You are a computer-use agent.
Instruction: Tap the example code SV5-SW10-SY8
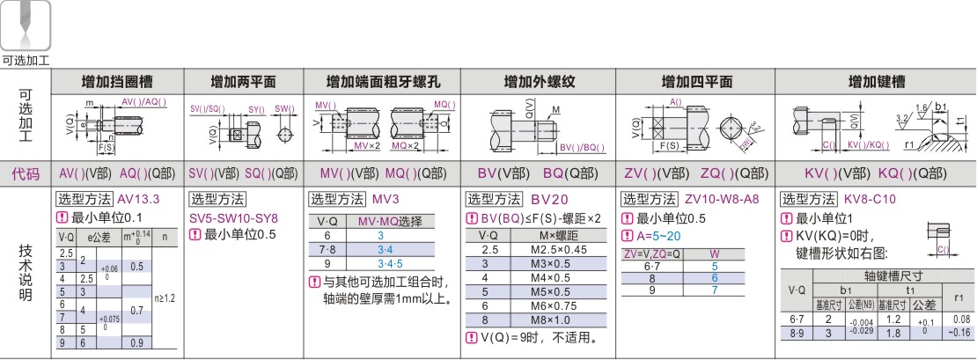point(233,217)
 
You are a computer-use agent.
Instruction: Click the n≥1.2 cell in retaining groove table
point(165,298)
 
